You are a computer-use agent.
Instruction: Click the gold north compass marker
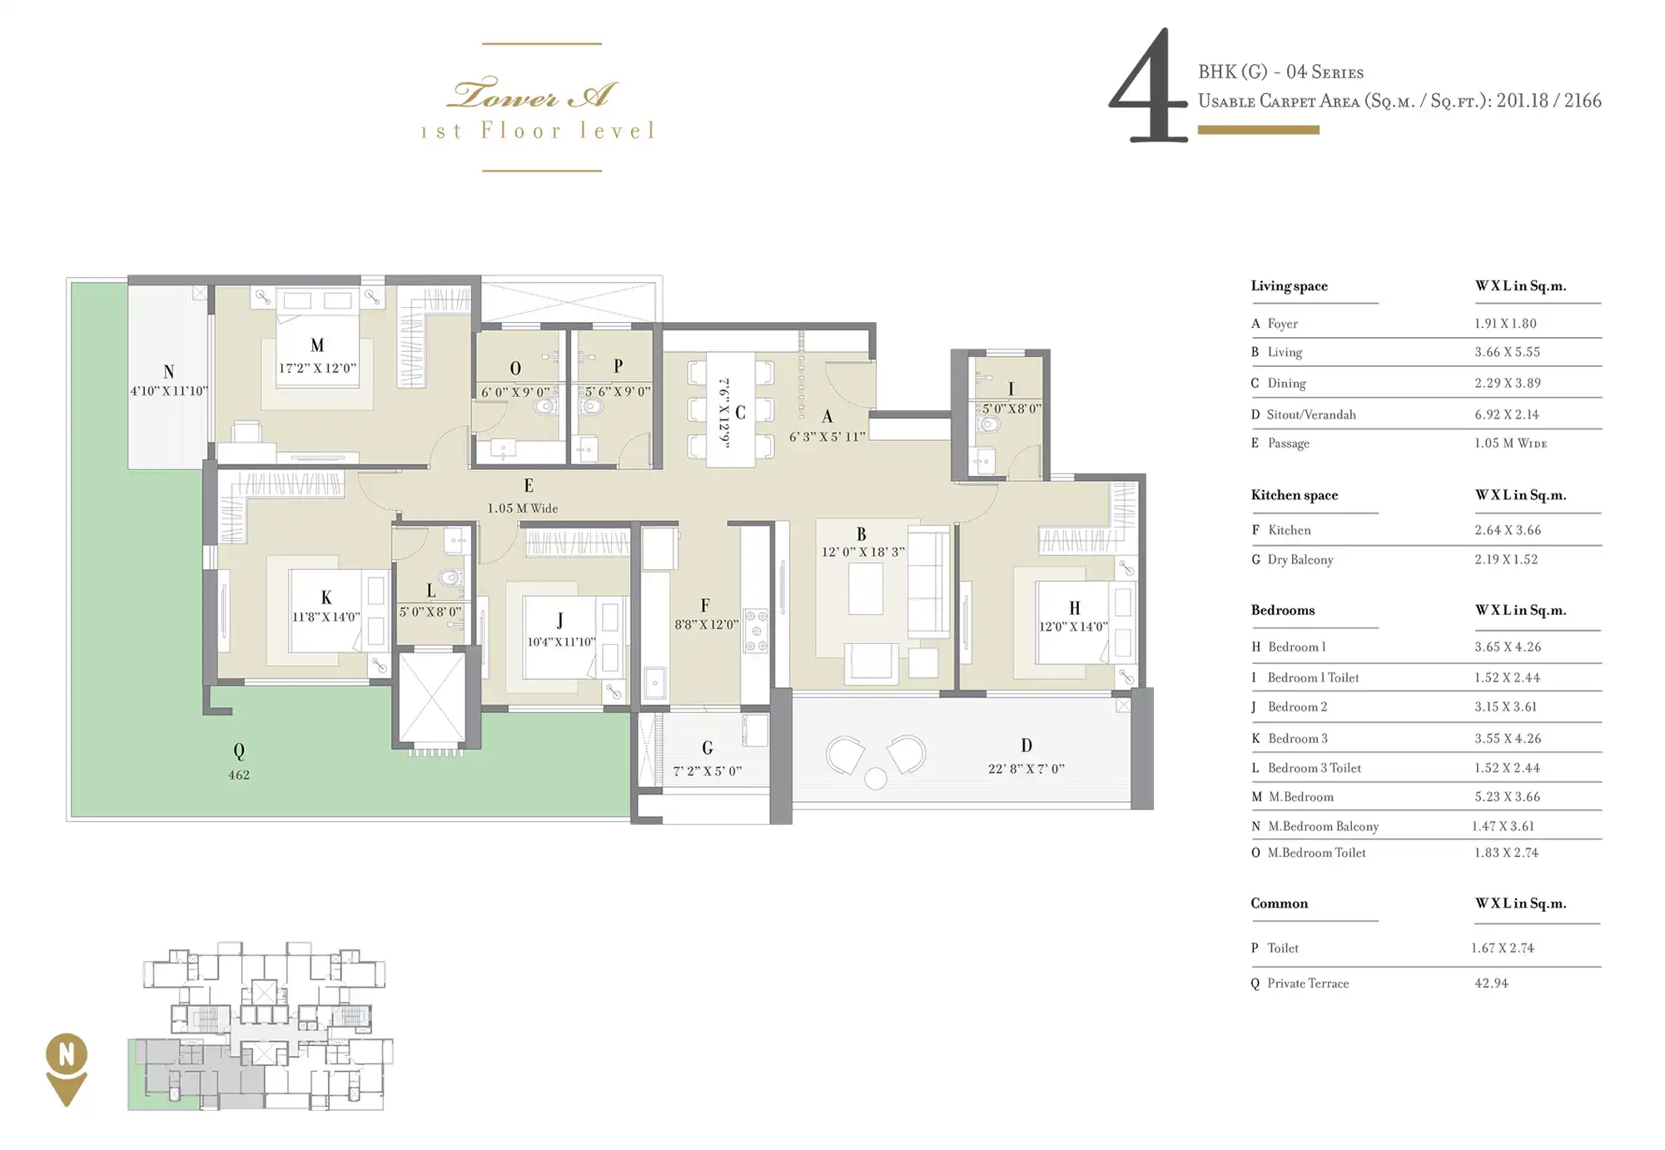(67, 1068)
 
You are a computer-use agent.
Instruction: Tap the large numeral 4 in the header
(1148, 87)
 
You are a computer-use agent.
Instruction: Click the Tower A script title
(533, 94)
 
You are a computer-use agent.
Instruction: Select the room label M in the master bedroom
(317, 345)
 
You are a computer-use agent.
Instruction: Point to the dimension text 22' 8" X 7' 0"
(1026, 769)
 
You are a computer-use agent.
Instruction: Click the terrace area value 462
(239, 775)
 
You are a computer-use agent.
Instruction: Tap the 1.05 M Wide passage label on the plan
(523, 508)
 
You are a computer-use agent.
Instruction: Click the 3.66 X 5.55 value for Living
(1508, 352)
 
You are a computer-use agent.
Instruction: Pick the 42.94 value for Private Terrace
(1492, 983)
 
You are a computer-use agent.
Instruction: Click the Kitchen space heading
(1295, 495)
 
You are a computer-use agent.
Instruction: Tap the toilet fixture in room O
(545, 405)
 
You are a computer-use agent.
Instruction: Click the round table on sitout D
(876, 778)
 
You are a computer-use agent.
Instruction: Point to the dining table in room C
(731, 409)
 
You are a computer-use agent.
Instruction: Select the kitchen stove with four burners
(756, 630)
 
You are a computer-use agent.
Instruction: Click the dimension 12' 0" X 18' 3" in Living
(862, 552)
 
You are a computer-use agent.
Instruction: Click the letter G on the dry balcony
(708, 748)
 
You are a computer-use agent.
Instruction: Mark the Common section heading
(1280, 904)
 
